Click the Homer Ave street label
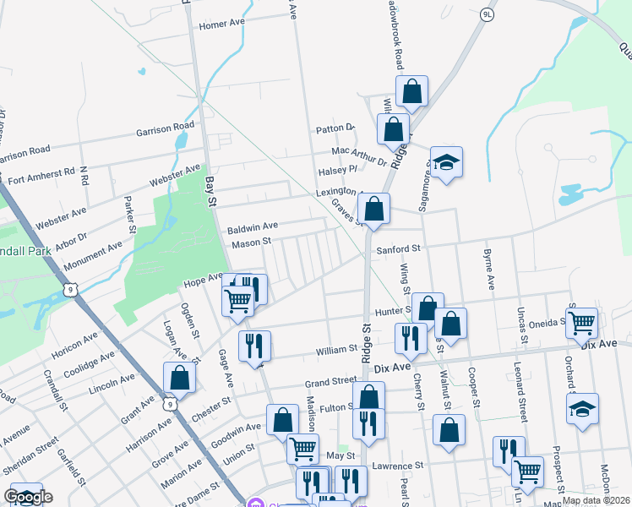point(221,25)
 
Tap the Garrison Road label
point(166,130)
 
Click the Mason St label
point(251,243)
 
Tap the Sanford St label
point(398,249)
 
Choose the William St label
point(337,348)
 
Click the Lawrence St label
point(396,466)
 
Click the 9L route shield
point(487,15)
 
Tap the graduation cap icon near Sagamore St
point(446,161)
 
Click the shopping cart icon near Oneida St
point(581,321)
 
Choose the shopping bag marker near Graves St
point(373,208)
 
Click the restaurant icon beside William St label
point(410,338)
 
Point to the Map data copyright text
point(595,500)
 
